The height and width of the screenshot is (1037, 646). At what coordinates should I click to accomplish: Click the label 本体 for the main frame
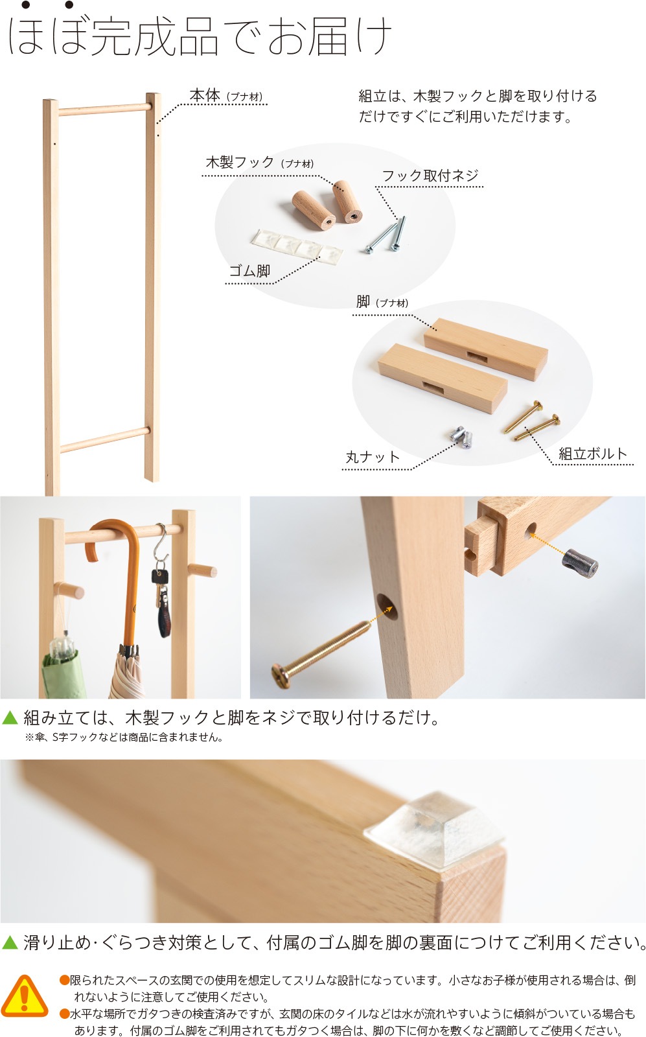click(205, 95)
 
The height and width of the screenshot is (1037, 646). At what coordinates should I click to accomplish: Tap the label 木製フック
click(240, 163)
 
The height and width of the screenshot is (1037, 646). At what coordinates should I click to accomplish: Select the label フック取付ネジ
click(430, 176)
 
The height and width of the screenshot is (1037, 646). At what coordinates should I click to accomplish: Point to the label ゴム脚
click(250, 271)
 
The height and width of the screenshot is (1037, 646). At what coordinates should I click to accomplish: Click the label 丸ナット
click(373, 457)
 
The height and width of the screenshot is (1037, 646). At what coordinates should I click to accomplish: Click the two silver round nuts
click(461, 437)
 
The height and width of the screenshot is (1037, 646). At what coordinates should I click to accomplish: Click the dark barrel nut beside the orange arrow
click(581, 564)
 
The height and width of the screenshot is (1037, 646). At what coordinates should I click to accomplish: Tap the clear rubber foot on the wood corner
click(434, 830)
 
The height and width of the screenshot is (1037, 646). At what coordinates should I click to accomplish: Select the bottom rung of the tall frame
click(106, 439)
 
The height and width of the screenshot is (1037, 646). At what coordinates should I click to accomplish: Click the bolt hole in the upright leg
click(387, 607)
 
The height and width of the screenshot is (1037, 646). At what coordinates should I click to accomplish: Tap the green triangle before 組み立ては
click(10, 717)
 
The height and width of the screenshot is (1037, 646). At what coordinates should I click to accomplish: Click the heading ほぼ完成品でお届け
click(200, 35)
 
